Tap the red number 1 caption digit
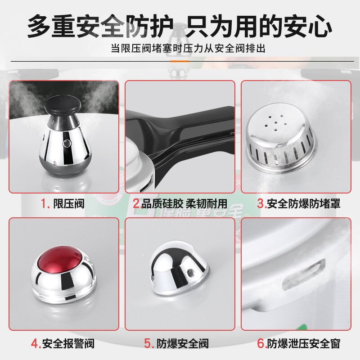[x=45, y=203]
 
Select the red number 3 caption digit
[x=260, y=203]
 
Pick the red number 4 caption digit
[x=36, y=343]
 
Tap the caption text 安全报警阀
[x=68, y=343]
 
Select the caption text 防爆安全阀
[x=183, y=343]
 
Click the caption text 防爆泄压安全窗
[x=304, y=343]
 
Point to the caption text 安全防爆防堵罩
[x=304, y=203]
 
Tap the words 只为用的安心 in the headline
[x=260, y=27]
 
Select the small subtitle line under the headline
[x=188, y=49]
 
